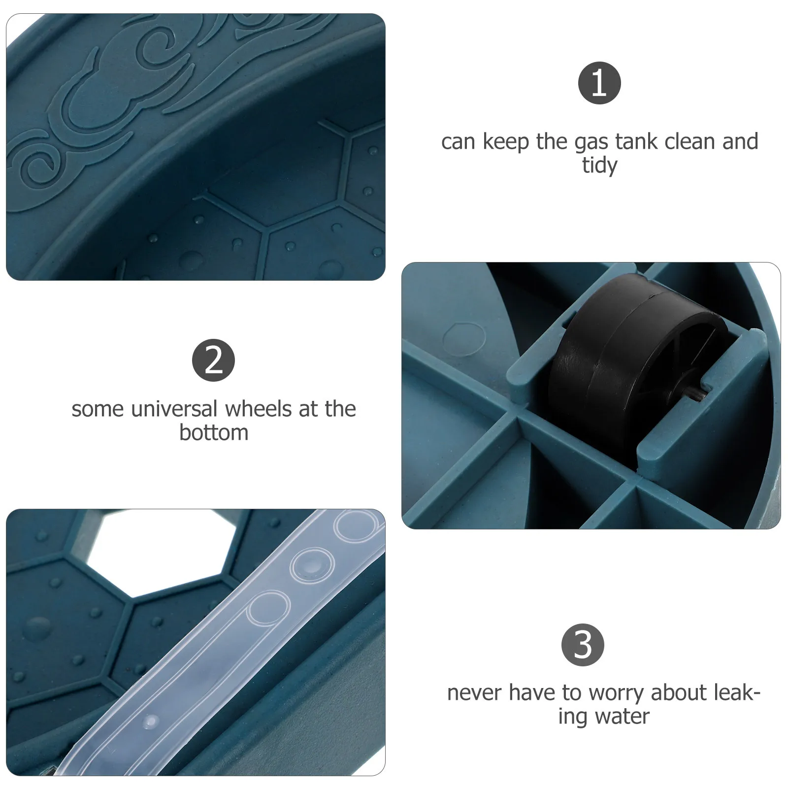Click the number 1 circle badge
coord(599,83)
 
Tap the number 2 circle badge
coord(213,360)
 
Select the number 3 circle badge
coord(583,645)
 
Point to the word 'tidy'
coord(599,165)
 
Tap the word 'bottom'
coord(214,433)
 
